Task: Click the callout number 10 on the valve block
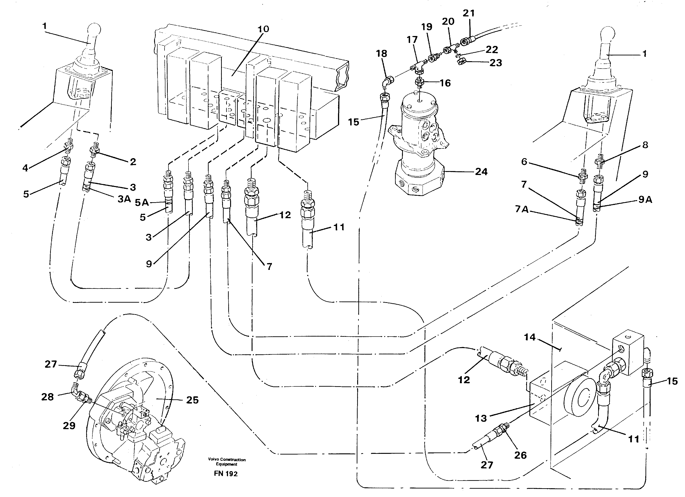pos(263,29)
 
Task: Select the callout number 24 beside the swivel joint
pos(481,172)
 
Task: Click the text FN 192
pos(226,473)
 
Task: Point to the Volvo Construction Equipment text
pos(226,462)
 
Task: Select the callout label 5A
pos(142,202)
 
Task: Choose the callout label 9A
pos(645,199)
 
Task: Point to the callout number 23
pos(495,63)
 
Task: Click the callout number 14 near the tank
pos(530,337)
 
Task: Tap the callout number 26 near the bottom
pos(521,455)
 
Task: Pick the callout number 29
pos(69,425)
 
